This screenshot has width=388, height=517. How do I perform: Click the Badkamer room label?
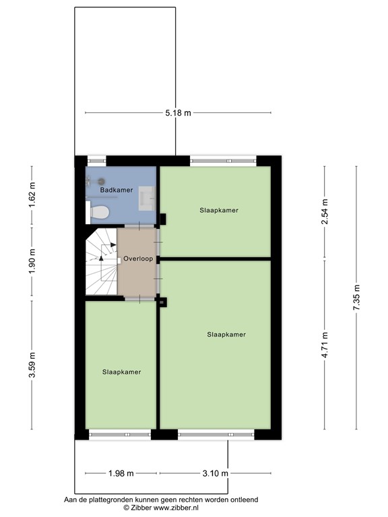pos(116,191)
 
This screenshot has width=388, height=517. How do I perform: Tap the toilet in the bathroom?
pos(100,213)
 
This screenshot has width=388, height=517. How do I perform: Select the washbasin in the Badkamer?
pos(148,197)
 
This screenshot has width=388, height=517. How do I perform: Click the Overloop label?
pos(138,258)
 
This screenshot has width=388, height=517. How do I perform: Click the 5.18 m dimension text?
pos(178,113)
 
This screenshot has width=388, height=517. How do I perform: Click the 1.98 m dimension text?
pos(121,474)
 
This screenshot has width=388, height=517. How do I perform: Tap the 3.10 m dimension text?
pos(216,474)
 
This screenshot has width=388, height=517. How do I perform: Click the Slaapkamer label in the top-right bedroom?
pos(219,210)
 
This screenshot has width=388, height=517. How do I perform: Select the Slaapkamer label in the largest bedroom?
pos(226,335)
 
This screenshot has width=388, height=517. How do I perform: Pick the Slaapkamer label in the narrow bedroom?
pos(121,372)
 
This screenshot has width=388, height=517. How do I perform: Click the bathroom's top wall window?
pos(97,161)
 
